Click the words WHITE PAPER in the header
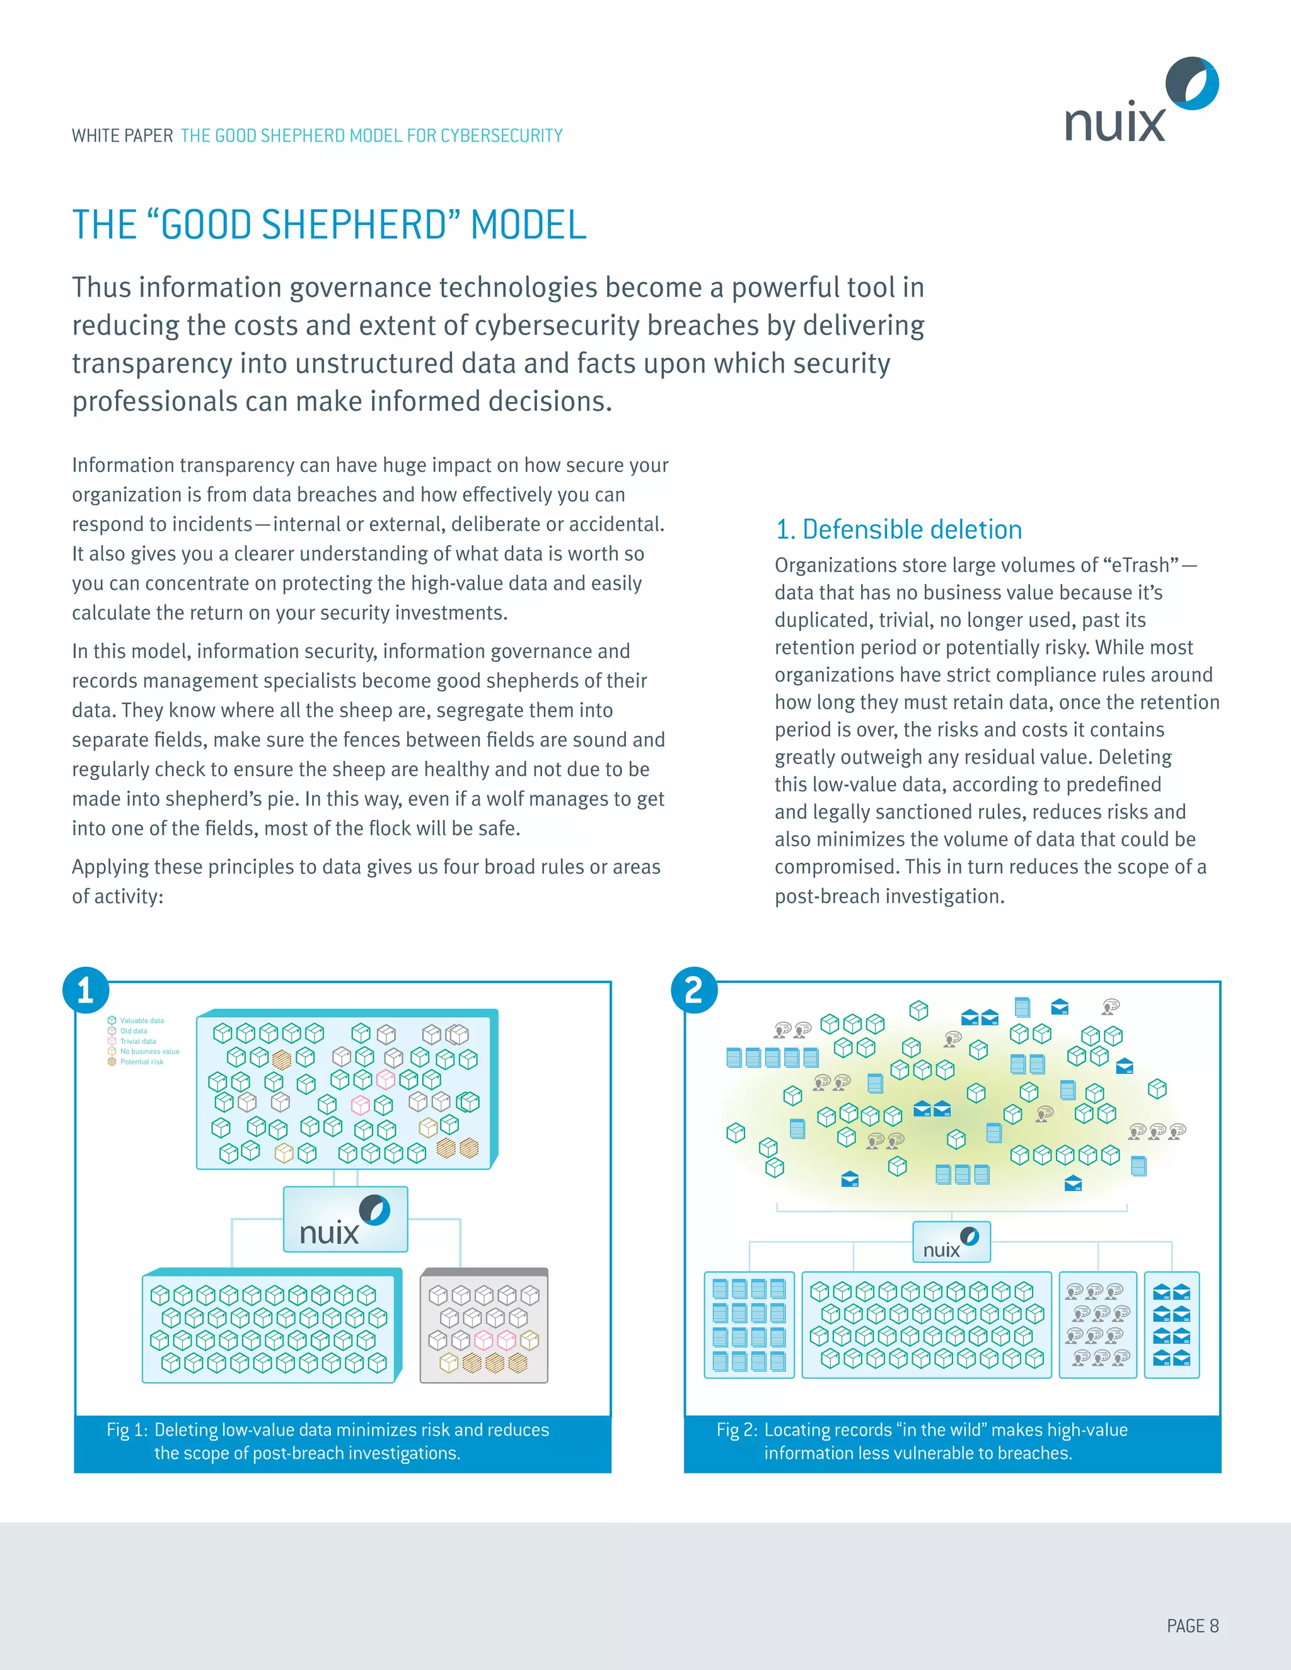pos(122,136)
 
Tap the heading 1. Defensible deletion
pos(899,529)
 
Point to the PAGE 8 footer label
pos(1192,1626)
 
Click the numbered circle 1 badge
pos(86,990)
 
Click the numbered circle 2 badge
pos(693,990)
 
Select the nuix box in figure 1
pos(345,1219)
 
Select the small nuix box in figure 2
pos(951,1242)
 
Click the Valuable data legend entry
pos(141,1020)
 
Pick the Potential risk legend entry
pos(141,1061)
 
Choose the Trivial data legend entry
pos(137,1040)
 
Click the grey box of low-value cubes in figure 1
pos(484,1327)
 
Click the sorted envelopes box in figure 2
pos(1172,1325)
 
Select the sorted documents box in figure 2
pos(749,1325)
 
